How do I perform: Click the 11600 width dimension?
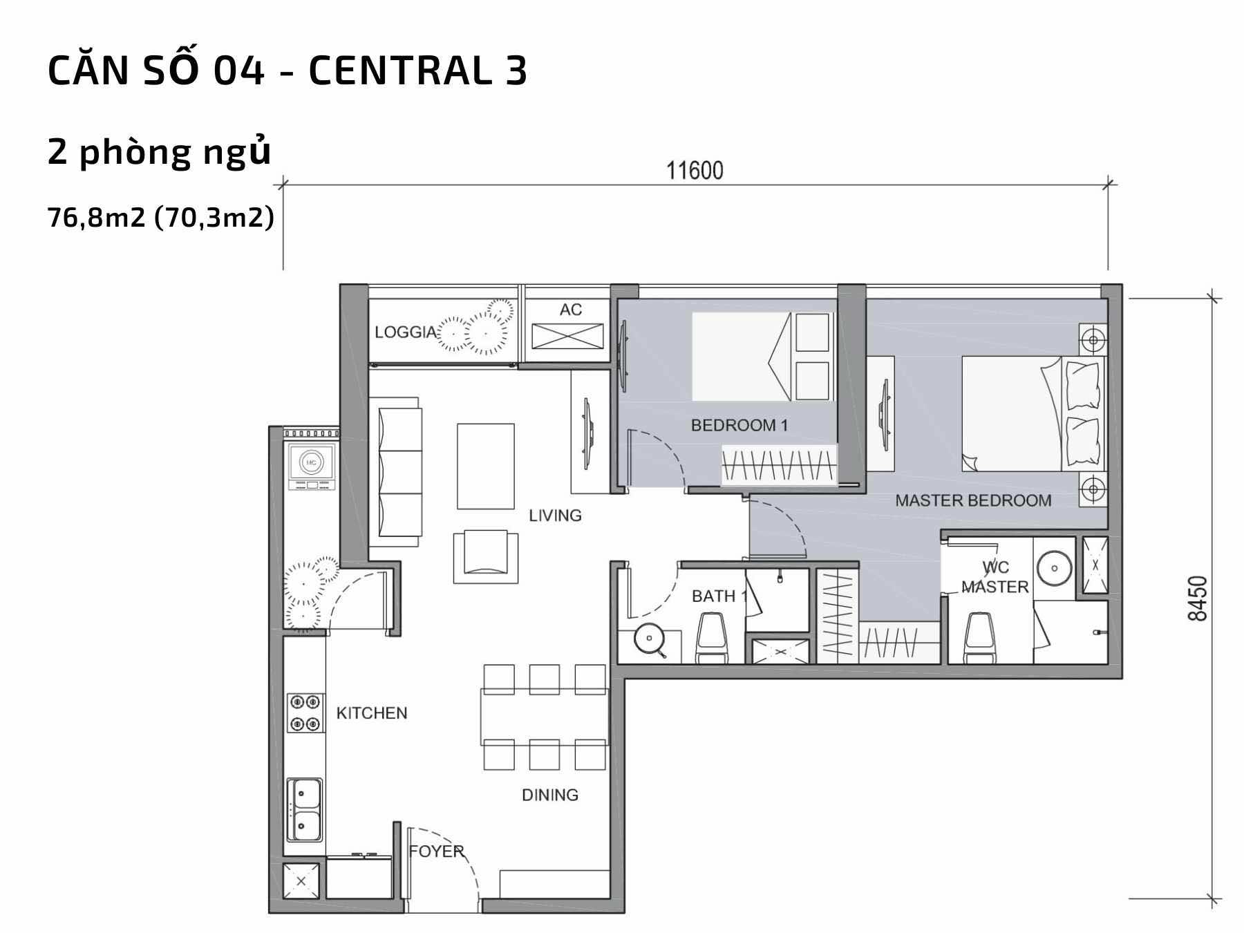(695, 170)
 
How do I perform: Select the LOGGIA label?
(406, 332)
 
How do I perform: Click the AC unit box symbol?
(567, 337)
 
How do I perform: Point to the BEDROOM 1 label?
(739, 426)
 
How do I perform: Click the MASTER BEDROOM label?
(973, 500)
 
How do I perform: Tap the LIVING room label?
(555, 516)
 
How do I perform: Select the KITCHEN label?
(372, 713)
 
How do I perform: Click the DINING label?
(550, 795)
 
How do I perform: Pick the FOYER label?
(436, 851)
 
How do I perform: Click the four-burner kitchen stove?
(305, 713)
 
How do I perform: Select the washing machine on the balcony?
(312, 464)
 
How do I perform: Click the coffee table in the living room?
(485, 466)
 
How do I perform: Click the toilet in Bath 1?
(712, 639)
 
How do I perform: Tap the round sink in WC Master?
(1055, 568)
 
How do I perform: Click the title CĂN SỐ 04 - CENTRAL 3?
(288, 70)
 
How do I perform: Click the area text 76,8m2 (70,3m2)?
(161, 218)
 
